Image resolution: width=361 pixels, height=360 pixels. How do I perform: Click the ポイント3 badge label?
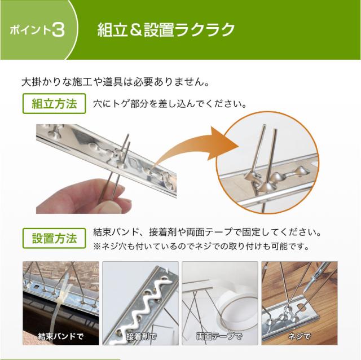click(37, 29)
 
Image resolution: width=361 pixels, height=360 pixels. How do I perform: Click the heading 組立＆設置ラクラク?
click(165, 29)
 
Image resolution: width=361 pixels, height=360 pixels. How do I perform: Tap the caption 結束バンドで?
click(60, 337)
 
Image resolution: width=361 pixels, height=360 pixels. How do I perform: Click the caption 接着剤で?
click(141, 337)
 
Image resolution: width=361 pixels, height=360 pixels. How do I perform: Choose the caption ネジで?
click(299, 337)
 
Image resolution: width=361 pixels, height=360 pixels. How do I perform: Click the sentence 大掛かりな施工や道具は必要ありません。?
click(116, 81)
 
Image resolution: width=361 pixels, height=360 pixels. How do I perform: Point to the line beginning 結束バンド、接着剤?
click(209, 232)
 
